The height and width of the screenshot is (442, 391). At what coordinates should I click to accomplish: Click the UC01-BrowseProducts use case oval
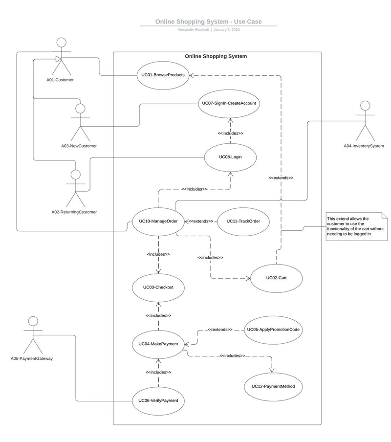click(x=163, y=75)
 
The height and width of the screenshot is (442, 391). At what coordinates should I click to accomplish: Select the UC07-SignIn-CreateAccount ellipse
click(x=229, y=104)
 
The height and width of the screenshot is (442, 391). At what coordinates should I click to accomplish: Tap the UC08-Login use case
click(x=230, y=157)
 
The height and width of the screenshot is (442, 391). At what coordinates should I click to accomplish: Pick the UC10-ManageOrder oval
click(x=158, y=221)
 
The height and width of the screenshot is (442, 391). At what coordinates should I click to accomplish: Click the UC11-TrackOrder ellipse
click(x=243, y=221)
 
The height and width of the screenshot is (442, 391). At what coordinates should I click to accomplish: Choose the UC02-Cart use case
click(x=276, y=278)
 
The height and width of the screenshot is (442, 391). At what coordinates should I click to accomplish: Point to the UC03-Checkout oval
click(x=158, y=287)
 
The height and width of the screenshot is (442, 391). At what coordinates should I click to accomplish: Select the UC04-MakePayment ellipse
click(x=158, y=344)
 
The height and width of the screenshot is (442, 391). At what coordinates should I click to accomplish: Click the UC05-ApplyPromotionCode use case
click(x=273, y=330)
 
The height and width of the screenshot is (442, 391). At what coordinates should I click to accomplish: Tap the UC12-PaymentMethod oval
click(x=273, y=387)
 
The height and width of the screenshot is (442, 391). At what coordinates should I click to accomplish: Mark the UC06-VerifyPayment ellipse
click(x=158, y=401)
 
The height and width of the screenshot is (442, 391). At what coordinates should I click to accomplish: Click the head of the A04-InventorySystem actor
click(x=365, y=106)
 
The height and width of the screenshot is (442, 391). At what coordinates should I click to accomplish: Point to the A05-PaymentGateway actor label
click(x=32, y=358)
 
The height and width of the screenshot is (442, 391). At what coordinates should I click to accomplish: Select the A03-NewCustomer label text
click(x=79, y=146)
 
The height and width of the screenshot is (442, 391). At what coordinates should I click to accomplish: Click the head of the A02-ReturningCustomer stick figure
click(x=75, y=175)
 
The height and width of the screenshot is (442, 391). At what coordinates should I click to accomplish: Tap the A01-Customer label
click(x=60, y=80)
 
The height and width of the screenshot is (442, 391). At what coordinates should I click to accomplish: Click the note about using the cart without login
click(x=357, y=227)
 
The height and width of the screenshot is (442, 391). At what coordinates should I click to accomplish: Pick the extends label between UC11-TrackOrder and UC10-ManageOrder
click(x=200, y=221)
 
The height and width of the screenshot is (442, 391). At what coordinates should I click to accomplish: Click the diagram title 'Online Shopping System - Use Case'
click(x=209, y=22)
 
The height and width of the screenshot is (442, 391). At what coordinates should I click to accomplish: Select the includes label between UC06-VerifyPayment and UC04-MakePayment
click(x=158, y=373)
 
